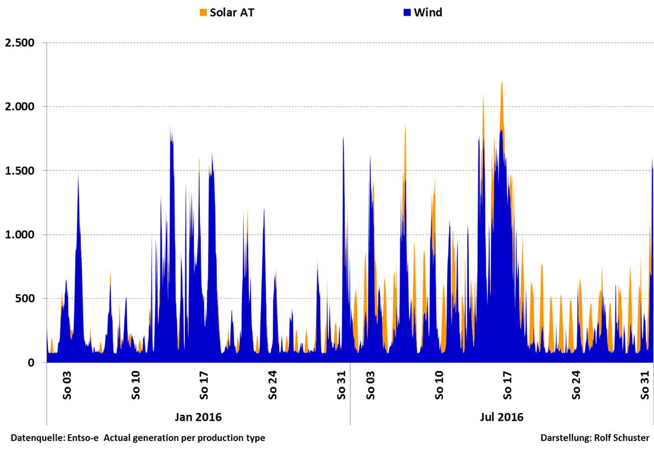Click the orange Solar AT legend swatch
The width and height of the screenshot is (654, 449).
click(203, 12)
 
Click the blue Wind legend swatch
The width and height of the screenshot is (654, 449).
click(407, 12)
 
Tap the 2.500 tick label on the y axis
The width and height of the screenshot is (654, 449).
click(20, 43)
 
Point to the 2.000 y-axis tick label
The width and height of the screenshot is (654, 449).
click(20, 107)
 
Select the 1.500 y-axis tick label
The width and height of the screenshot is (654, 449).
click(20, 171)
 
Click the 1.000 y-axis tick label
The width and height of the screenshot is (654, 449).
click(20, 235)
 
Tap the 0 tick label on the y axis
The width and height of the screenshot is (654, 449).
click(31, 363)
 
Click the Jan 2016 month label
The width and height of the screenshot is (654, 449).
click(198, 417)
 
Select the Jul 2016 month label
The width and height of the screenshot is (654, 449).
click(501, 417)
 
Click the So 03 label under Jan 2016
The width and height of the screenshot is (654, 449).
click(66, 385)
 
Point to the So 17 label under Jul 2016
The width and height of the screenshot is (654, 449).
click(508, 385)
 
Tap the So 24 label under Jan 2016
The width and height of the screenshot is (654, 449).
click(273, 385)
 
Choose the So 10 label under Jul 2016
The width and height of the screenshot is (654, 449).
click(439, 385)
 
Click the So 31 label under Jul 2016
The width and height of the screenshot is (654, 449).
click(645, 385)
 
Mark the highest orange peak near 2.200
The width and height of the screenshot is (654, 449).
click(501, 83)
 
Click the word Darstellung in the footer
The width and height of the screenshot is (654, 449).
click(565, 438)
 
